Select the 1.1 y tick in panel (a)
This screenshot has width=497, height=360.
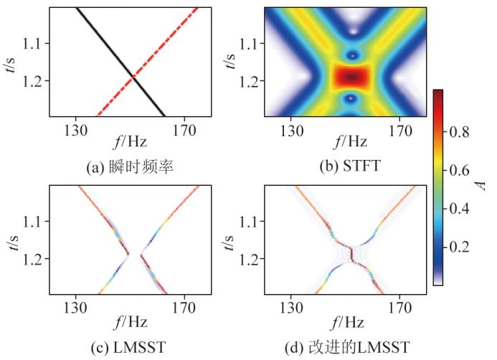35,44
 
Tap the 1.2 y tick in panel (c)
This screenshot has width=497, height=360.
35,258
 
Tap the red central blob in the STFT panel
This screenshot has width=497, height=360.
351,76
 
